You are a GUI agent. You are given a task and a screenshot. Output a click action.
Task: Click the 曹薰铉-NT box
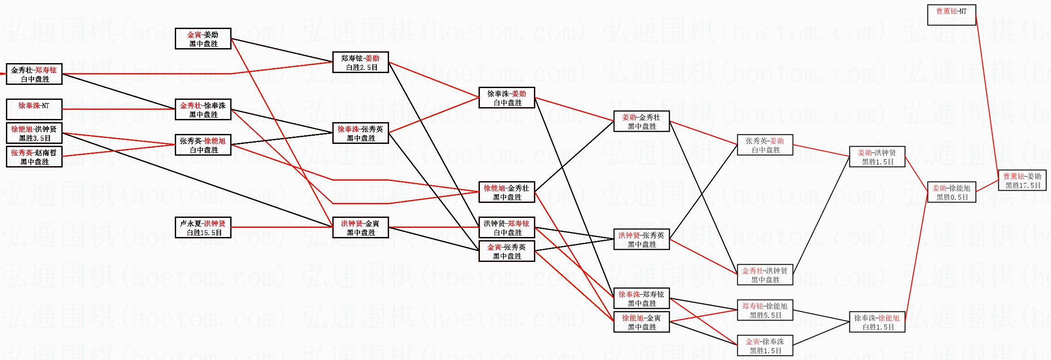[951, 15]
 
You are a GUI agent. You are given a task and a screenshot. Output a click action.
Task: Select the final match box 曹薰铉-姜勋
[1022, 180]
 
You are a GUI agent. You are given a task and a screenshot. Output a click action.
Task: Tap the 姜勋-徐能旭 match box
[951, 192]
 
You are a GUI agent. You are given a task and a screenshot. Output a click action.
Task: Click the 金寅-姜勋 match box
[203, 39]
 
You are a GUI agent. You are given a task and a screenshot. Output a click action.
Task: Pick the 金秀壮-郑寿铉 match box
[34, 74]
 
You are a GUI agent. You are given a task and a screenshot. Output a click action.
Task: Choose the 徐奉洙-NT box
[34, 109]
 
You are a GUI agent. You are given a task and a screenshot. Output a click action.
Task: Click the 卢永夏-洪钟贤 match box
[203, 227]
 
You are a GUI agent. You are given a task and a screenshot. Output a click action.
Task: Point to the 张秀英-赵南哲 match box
[34, 157]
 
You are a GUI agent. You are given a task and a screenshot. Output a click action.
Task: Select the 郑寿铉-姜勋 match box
[360, 62]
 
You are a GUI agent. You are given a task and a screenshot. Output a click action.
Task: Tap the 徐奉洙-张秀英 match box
[360, 133]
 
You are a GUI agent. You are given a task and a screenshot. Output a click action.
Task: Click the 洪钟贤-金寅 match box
[360, 227]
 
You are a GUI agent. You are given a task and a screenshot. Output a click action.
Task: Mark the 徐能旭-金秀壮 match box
[507, 192]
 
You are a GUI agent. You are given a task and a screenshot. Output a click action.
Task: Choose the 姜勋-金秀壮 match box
[641, 121]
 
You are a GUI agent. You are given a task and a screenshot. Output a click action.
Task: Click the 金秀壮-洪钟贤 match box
[765, 275]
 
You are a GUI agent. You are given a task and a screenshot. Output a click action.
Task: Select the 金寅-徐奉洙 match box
[765, 345]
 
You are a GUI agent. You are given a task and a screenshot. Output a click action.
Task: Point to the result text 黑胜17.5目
[1022, 185]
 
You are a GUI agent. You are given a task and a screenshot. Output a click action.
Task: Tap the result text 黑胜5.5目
[765, 315]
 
